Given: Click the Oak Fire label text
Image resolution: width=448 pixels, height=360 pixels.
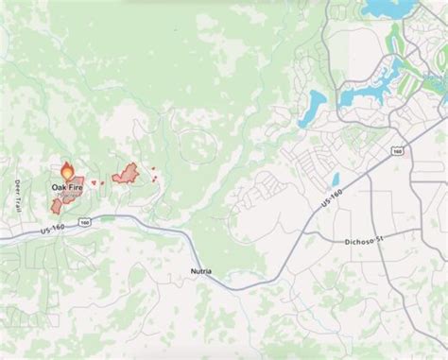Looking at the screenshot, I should tap(66, 188).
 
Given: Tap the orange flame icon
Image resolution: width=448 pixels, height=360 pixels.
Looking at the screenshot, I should tap(67, 172).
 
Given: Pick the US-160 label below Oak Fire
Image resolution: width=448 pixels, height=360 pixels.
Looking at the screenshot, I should tap(54, 229).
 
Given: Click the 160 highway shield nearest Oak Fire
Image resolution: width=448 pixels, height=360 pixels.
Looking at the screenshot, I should tap(86, 223).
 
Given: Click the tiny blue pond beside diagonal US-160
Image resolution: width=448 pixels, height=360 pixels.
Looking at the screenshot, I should tap(334, 180).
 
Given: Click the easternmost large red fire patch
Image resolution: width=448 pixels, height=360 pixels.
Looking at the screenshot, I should tap(125, 173).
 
